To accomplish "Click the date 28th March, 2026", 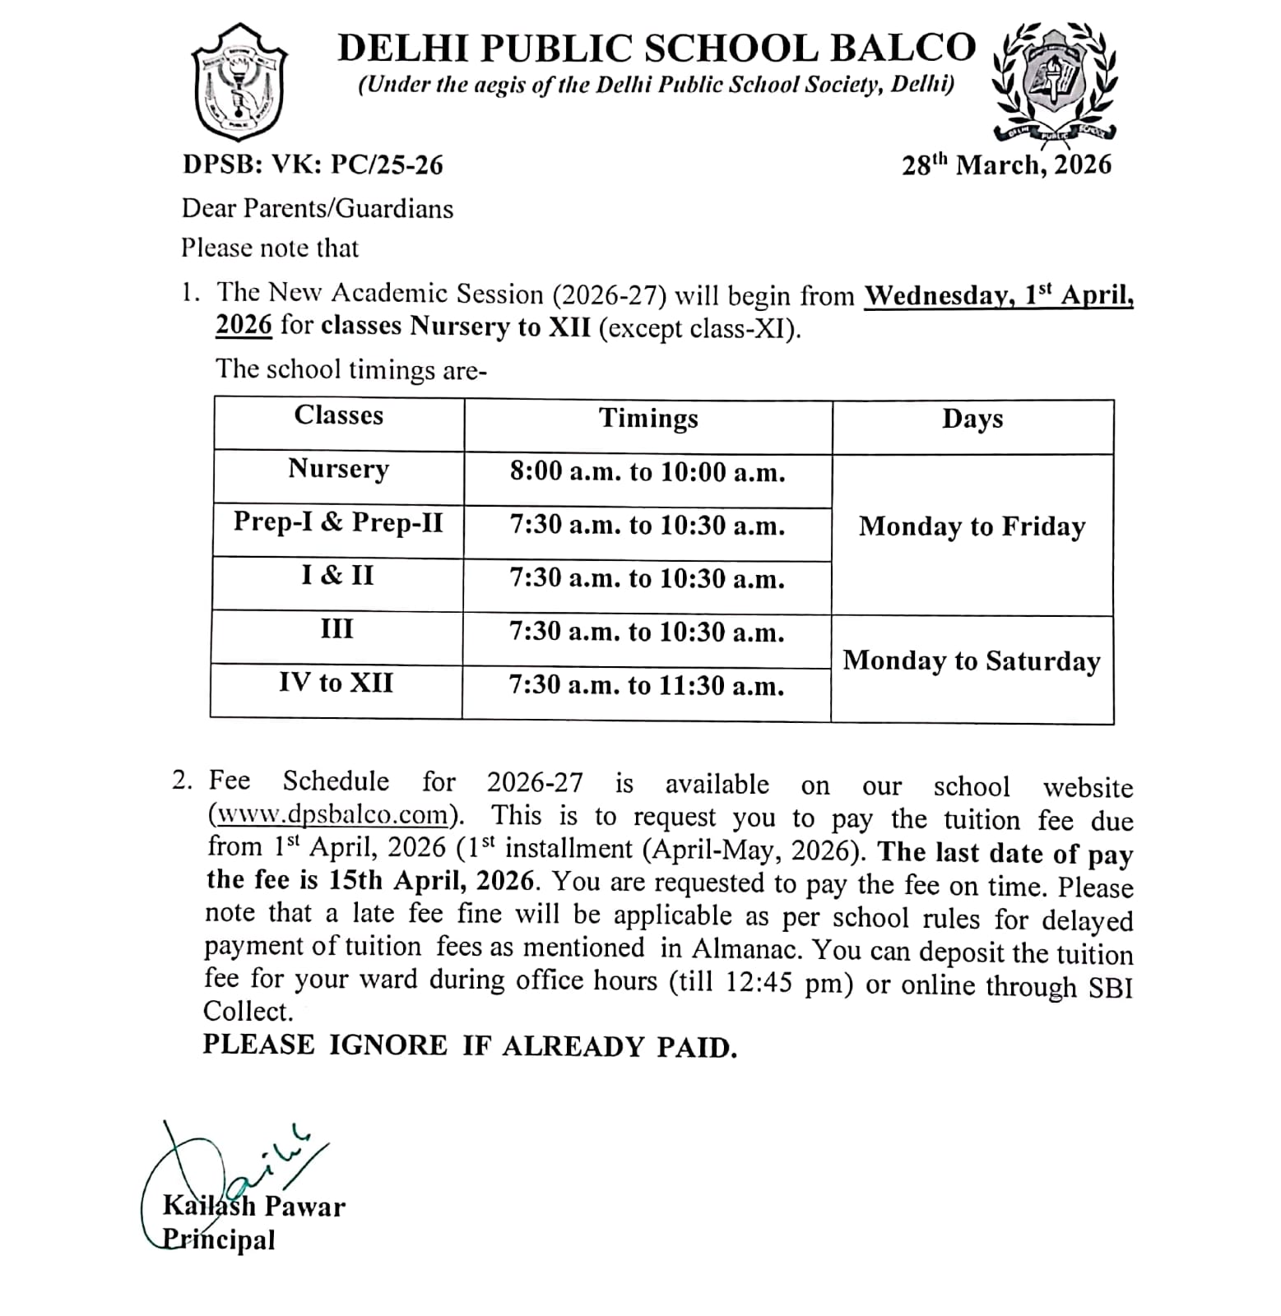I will click(x=1006, y=165).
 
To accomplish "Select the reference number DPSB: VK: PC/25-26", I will click(x=313, y=165).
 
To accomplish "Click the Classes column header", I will click(x=338, y=415).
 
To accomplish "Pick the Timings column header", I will click(x=647, y=419).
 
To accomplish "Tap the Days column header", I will click(x=972, y=419).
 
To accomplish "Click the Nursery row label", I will click(x=338, y=469).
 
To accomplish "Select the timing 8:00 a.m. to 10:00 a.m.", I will click(x=647, y=472).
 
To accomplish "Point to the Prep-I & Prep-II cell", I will click(x=338, y=522).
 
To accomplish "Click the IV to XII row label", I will click(x=336, y=683).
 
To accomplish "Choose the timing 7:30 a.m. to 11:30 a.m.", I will click(x=647, y=686).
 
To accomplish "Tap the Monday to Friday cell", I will click(x=972, y=526).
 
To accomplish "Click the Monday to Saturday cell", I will click(x=971, y=661).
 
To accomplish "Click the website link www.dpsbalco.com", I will click(x=333, y=815).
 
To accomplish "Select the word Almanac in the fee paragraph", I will click(x=745, y=949).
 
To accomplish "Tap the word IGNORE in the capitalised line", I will click(x=388, y=1045).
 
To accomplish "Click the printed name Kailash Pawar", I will click(x=254, y=1207).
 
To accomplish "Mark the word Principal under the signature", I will click(x=219, y=1240).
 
